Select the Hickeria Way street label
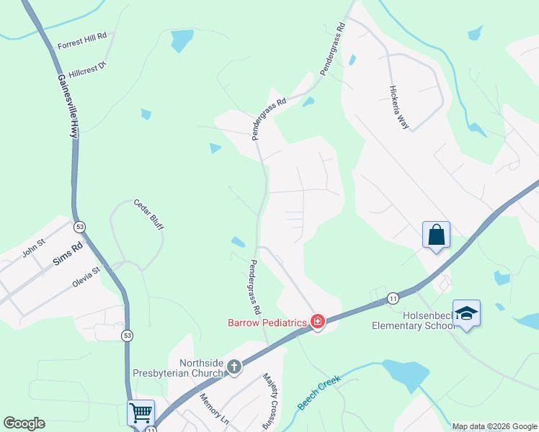[x=398, y=108]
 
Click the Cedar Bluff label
[x=148, y=215]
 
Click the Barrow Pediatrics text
[x=268, y=323]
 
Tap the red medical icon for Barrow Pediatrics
[x=318, y=322]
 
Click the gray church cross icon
[x=233, y=367]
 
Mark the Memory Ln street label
[x=213, y=409]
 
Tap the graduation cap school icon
[x=466, y=313]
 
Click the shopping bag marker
[x=436, y=235]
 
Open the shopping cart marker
[x=141, y=413]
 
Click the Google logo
[x=24, y=423]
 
